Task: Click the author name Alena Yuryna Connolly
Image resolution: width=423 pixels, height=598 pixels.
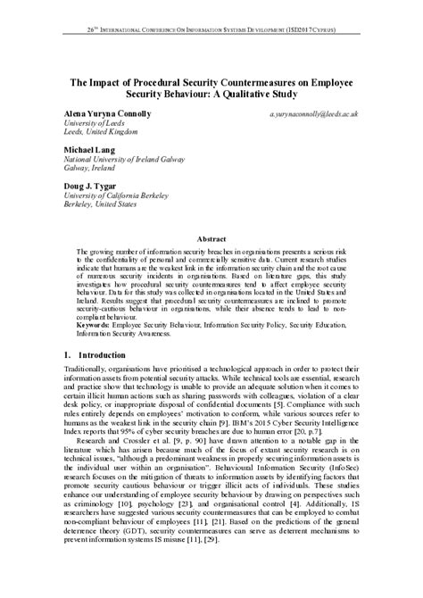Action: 107,114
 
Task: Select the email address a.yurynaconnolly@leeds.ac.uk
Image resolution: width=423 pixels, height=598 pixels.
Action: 313,115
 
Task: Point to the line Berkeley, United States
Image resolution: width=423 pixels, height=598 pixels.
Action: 100,204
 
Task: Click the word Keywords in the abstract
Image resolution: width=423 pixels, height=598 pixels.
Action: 95,323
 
